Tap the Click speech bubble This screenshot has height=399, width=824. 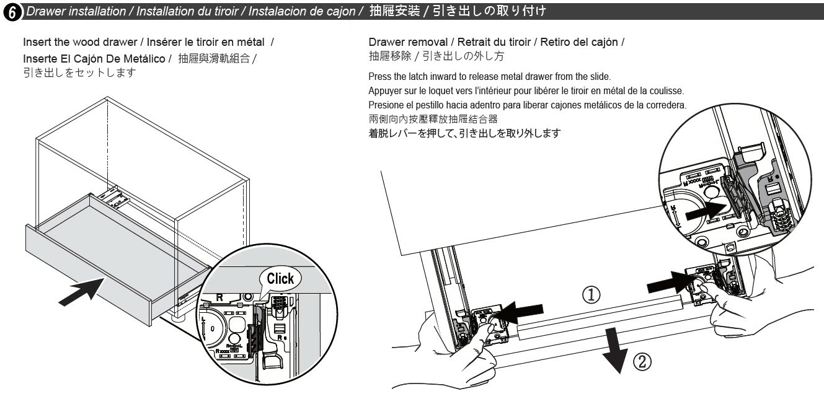point(280,278)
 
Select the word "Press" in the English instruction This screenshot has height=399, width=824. point(379,76)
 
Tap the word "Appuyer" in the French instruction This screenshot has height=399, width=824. point(386,90)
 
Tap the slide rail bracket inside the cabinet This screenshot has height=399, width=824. point(117,198)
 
